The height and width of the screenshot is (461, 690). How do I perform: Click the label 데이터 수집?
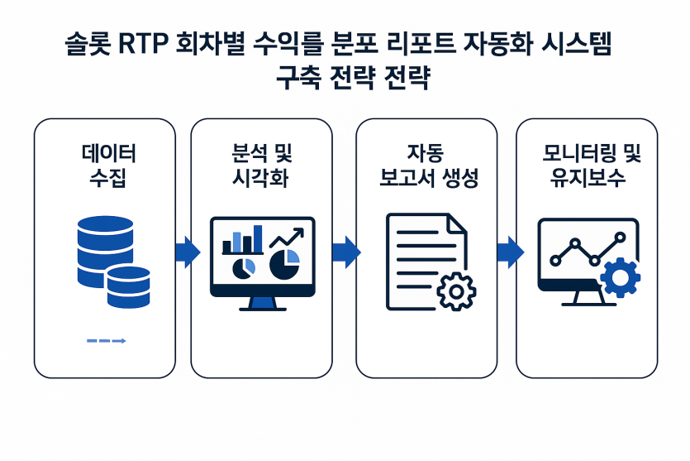(109, 166)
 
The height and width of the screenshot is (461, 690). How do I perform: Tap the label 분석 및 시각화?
(261, 166)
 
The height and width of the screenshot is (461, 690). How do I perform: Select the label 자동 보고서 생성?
(429, 166)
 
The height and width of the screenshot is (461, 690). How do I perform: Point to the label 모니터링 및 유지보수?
(591, 166)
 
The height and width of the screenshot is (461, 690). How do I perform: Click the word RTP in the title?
(144, 45)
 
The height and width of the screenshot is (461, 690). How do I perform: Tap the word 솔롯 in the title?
(88, 45)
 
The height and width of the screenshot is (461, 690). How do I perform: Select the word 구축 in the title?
(298, 78)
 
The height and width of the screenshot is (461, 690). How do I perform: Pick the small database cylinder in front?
(128, 287)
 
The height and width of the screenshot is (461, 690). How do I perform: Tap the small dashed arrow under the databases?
(107, 341)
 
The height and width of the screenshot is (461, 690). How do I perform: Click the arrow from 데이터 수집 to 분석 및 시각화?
(188, 252)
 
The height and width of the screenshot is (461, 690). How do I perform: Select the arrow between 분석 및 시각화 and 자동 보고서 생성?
(346, 252)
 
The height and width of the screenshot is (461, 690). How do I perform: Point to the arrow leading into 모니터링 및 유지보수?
(511, 252)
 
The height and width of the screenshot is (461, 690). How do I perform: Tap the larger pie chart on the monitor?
(284, 264)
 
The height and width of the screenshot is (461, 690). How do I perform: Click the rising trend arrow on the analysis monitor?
(287, 238)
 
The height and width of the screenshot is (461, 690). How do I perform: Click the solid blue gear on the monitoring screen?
(620, 277)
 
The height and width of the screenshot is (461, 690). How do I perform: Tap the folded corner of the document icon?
(458, 223)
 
